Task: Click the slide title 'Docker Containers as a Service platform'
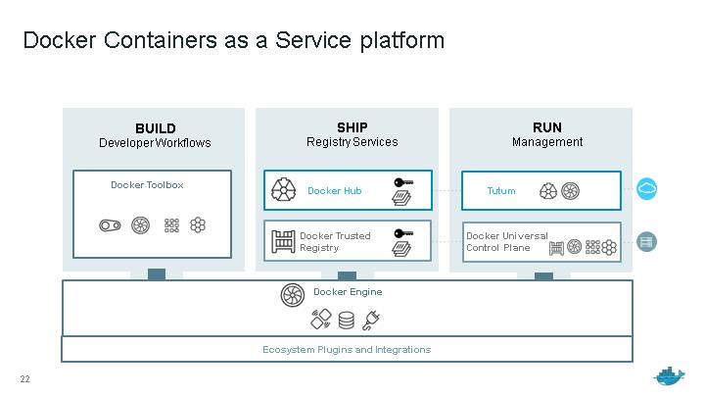tap(233, 40)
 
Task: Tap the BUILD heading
tap(156, 128)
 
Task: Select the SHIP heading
tap(352, 127)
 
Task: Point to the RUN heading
tap(546, 127)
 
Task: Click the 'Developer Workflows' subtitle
tap(155, 143)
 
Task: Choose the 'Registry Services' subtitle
tap(352, 142)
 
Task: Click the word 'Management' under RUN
tap(546, 142)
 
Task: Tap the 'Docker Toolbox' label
tap(147, 184)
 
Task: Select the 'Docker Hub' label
tap(334, 191)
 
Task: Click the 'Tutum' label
tap(500, 191)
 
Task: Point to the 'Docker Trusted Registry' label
tap(335, 242)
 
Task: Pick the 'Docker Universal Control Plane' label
tap(506, 242)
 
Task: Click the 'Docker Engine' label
tap(348, 292)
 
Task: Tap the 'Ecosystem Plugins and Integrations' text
tap(347, 350)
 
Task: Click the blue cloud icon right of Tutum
tap(646, 189)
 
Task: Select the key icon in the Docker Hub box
tap(402, 182)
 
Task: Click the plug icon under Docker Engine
tap(371, 320)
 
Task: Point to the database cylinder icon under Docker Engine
tap(346, 321)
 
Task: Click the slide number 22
tap(25, 379)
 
